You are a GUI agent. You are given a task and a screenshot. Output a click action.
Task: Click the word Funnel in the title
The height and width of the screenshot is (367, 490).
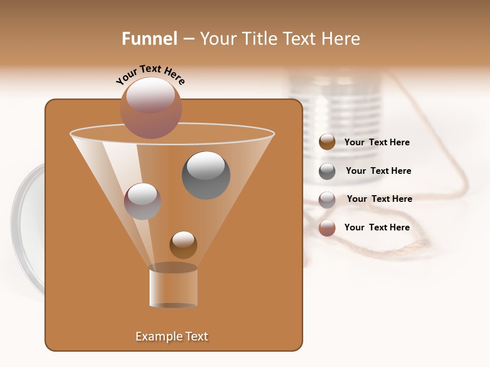point(149,39)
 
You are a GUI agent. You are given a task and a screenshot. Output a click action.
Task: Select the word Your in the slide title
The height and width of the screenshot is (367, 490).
point(217,39)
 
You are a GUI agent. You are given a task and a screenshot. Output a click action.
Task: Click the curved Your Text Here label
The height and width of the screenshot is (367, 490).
point(150,74)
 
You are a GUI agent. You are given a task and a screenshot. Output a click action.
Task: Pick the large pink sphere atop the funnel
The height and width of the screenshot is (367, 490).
point(151,108)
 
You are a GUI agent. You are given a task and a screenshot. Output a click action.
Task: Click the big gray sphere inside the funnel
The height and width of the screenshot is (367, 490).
point(206,175)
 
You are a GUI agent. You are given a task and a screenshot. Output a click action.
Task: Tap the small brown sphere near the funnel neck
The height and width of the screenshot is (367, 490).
point(183,245)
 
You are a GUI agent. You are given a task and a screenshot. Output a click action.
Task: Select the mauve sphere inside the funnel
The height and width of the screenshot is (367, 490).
point(142,201)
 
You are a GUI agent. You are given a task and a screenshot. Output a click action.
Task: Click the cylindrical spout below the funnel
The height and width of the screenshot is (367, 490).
point(173,286)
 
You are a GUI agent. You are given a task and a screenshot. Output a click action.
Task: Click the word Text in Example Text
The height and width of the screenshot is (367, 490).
point(196,336)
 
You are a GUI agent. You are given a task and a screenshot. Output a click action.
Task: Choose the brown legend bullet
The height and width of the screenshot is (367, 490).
point(327,142)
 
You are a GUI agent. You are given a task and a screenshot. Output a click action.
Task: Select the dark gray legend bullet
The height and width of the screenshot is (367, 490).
point(327,171)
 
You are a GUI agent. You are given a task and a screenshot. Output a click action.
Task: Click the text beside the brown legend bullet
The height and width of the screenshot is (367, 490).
point(377,143)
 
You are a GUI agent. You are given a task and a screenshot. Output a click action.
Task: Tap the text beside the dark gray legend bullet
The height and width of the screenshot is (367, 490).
point(378,171)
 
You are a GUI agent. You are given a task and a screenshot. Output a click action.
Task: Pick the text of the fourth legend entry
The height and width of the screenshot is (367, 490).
point(377,227)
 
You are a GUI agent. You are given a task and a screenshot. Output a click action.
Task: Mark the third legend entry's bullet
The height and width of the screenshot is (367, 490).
point(327,200)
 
